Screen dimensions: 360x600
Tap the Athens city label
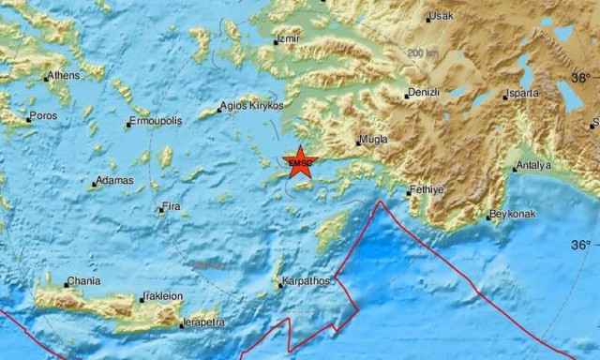tap(64, 77)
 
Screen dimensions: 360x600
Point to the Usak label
tap(442, 16)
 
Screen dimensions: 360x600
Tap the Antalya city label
tap(535, 166)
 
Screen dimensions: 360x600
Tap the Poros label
tap(43, 116)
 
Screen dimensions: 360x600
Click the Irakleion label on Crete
tap(164, 297)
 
